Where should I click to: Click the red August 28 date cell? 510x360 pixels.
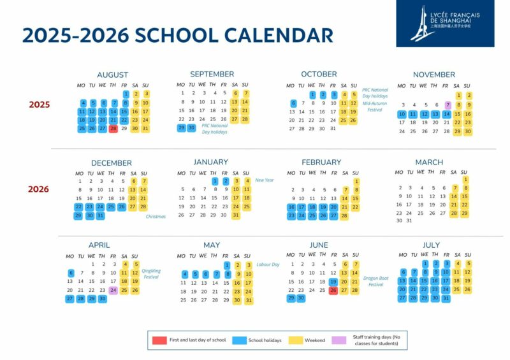pyautogui.click(x=113, y=128)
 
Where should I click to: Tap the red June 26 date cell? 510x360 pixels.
pyautogui.click(x=333, y=290)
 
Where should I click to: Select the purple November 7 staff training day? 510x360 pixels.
pyautogui.click(x=448, y=105)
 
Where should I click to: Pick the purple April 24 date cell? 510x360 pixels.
pyautogui.click(x=113, y=290)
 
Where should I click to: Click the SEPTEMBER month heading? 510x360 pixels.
pyautogui.click(x=212, y=74)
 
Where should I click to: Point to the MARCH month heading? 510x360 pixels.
pyautogui.click(x=429, y=162)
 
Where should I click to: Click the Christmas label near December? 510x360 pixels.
pyautogui.click(x=156, y=217)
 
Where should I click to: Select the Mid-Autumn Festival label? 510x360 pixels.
pyautogui.click(x=375, y=106)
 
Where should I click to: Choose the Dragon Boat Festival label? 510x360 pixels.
pyautogui.click(x=376, y=281)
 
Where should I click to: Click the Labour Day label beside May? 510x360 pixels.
pyautogui.click(x=267, y=264)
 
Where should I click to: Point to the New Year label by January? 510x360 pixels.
pyautogui.click(x=264, y=180)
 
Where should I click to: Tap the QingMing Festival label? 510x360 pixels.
pyautogui.click(x=151, y=273)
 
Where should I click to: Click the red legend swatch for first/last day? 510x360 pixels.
pyautogui.click(x=159, y=340)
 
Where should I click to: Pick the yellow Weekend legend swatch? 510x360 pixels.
pyautogui.click(x=296, y=340)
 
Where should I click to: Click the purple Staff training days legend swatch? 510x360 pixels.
pyautogui.click(x=339, y=340)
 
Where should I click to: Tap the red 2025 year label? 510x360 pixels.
pyautogui.click(x=39, y=104)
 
